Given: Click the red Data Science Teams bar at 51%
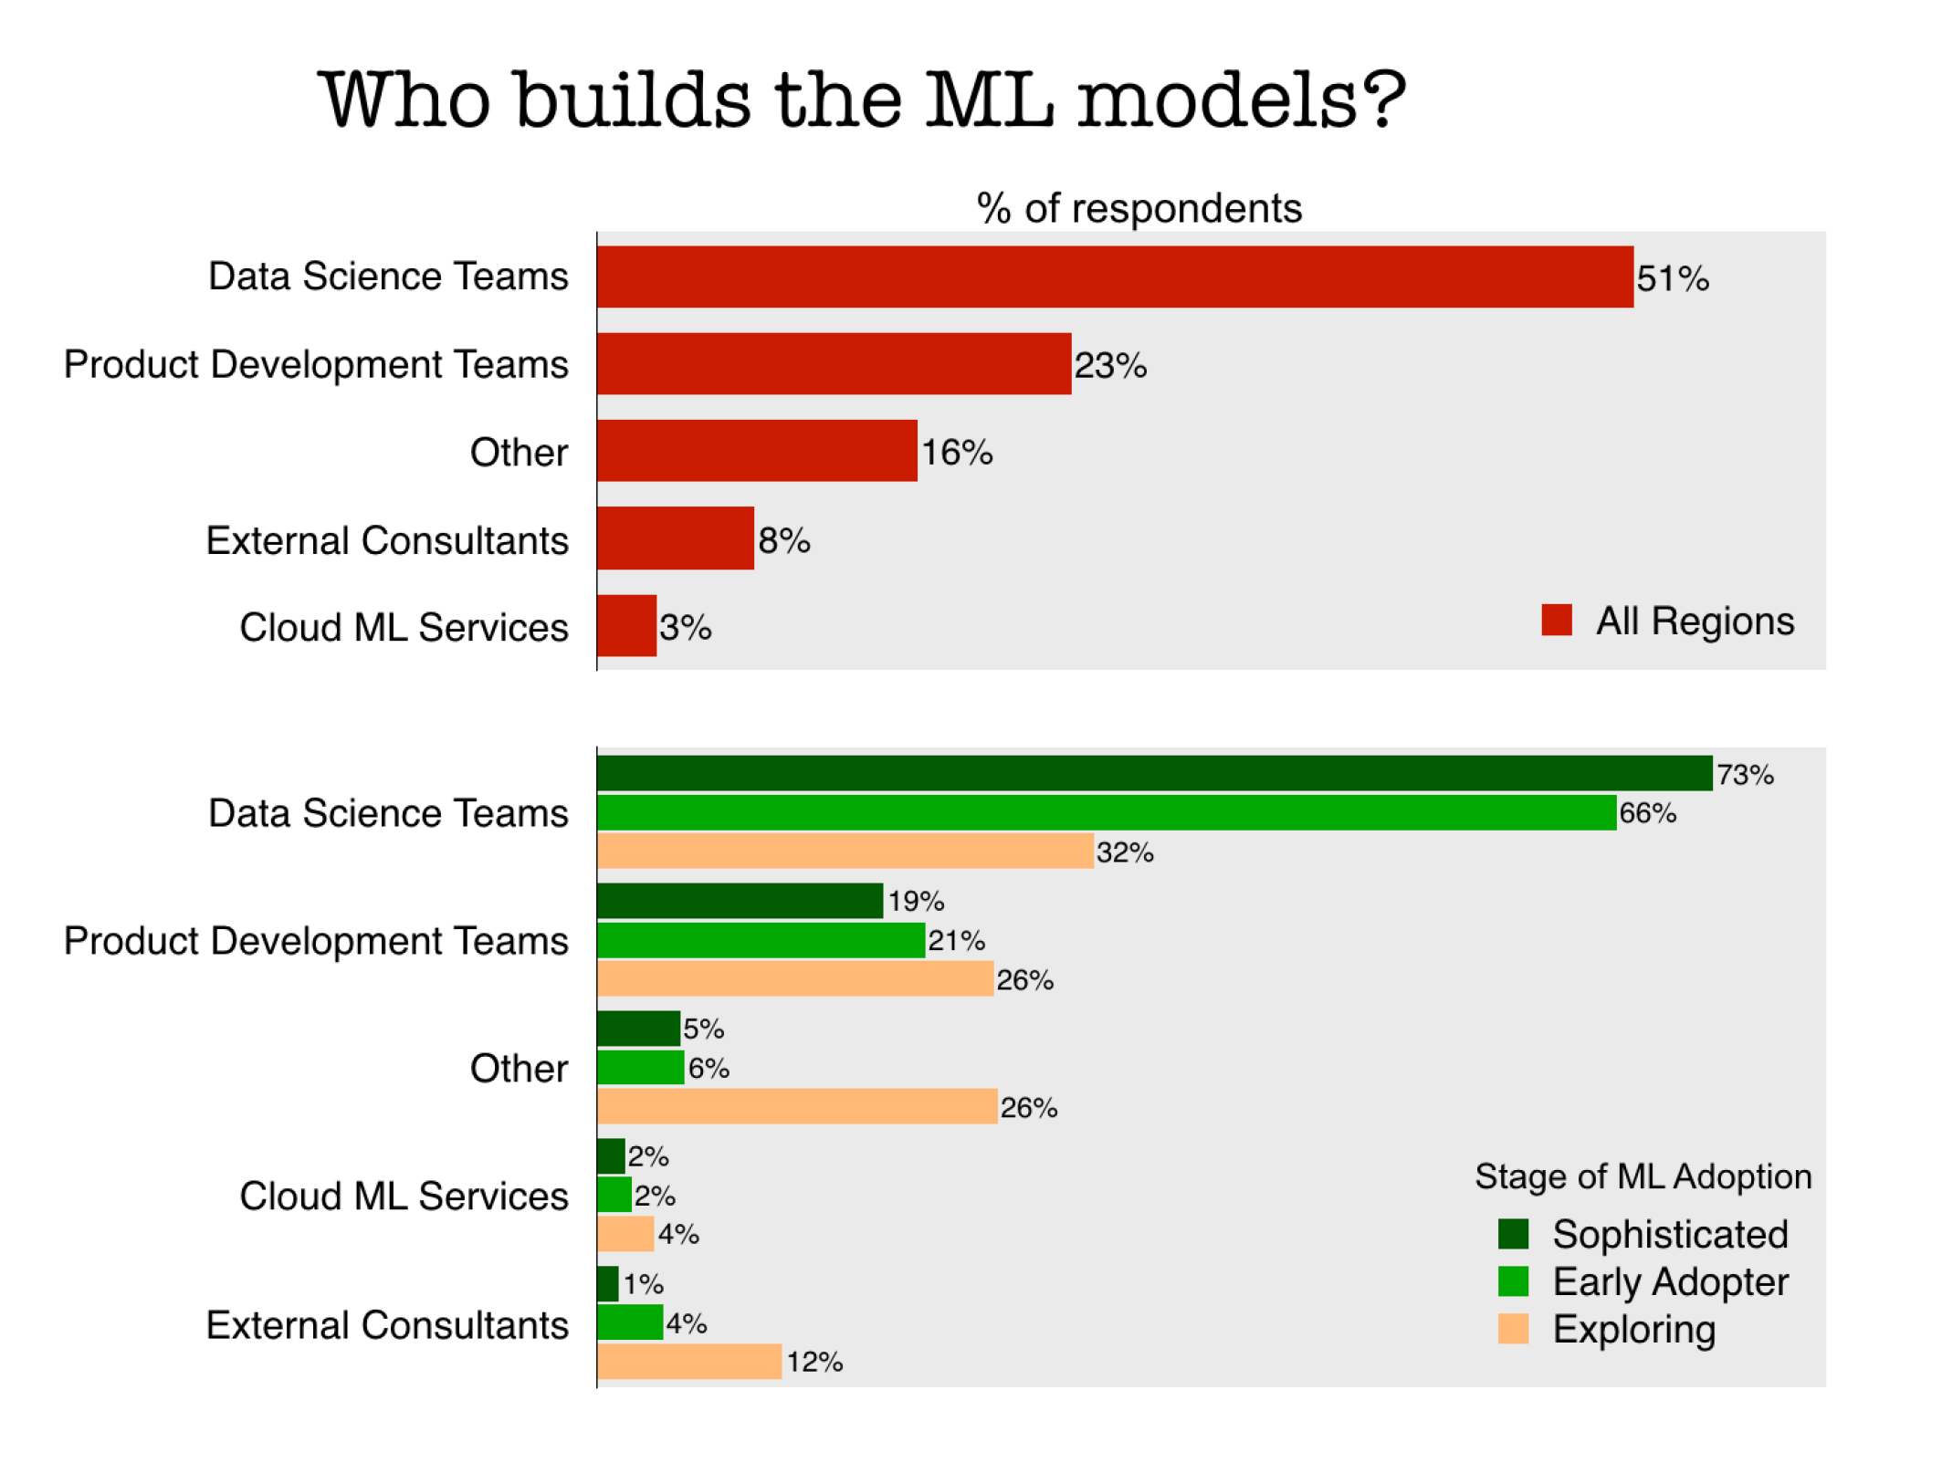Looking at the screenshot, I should tap(1114, 277).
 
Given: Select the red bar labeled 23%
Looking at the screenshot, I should tap(834, 364).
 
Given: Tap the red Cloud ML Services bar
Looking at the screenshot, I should tap(626, 626).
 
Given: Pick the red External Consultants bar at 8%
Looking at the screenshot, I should tap(676, 538).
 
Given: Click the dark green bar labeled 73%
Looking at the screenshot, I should tap(1154, 773).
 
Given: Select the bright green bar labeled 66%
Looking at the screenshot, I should tap(1106, 812).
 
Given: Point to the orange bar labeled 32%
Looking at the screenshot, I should tap(845, 851).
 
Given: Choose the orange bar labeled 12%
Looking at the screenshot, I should tap(689, 1361).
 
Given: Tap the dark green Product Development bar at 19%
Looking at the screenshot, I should tap(740, 901).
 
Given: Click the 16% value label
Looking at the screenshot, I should tap(956, 452).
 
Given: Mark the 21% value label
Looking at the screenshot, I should tap(956, 940).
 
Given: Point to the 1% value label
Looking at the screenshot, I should tap(643, 1284).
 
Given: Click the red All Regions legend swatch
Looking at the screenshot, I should tap(1557, 620).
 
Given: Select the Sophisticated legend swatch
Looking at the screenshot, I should tap(1513, 1234).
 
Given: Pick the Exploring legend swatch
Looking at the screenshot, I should tap(1513, 1329).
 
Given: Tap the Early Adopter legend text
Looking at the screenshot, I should tap(1670, 1282).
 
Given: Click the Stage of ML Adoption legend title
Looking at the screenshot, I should tap(1643, 1176).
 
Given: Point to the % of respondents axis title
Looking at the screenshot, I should tap(1139, 208).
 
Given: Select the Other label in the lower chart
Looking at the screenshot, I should tap(519, 1068).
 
